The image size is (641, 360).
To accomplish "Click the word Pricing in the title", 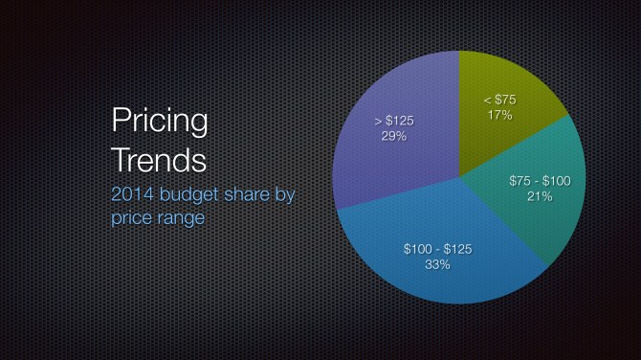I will pyautogui.click(x=160, y=122).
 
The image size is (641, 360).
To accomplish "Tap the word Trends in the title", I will pyautogui.click(x=159, y=158).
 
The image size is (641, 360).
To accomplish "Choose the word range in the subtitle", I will pyautogui.click(x=183, y=218).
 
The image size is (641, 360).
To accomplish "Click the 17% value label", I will pyautogui.click(x=498, y=115).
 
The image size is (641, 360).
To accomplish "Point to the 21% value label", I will pyautogui.click(x=542, y=196).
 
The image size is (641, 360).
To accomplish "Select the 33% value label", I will pyautogui.click(x=437, y=264).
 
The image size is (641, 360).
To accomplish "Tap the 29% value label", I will pyautogui.click(x=394, y=136).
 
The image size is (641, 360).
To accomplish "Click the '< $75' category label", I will pyautogui.click(x=499, y=100).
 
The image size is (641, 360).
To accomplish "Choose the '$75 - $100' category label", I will pyautogui.click(x=542, y=180).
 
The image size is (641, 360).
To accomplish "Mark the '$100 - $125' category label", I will pyautogui.click(x=437, y=249).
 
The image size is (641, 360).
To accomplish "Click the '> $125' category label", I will pyautogui.click(x=394, y=121).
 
